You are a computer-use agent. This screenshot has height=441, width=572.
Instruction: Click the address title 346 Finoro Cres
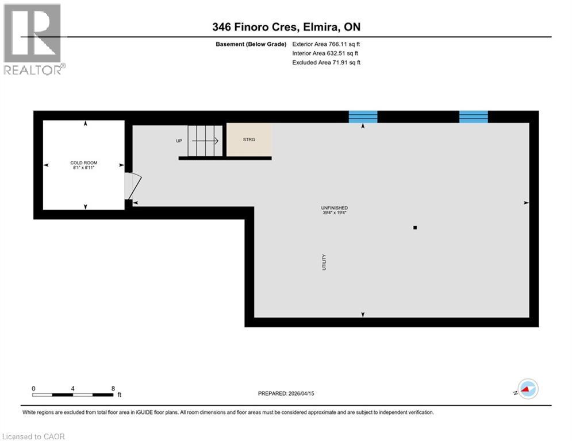tap(286, 27)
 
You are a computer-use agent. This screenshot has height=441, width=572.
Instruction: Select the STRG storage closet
tap(249, 140)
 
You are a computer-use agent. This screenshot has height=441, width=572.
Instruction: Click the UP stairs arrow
tap(205, 141)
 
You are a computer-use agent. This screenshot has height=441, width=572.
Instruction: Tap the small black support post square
tap(415, 228)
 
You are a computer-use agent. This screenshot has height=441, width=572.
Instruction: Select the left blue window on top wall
tap(363, 117)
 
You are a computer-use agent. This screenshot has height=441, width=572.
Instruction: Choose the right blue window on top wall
tap(473, 117)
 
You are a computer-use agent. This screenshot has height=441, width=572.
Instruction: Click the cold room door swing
tap(132, 186)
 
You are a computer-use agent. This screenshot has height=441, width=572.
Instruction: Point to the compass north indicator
tap(527, 389)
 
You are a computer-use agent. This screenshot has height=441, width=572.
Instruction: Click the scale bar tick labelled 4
tap(73, 388)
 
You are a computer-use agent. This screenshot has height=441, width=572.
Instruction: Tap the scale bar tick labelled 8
tap(113, 388)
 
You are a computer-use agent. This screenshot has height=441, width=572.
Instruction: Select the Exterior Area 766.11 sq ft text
tap(326, 44)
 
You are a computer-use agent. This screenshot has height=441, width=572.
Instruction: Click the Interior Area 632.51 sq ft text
tap(326, 53)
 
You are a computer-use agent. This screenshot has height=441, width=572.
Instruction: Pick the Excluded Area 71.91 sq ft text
tap(326, 63)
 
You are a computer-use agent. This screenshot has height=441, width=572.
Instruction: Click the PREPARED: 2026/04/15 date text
tap(286, 393)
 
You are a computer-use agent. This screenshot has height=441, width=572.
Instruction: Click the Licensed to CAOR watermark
tap(34, 436)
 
